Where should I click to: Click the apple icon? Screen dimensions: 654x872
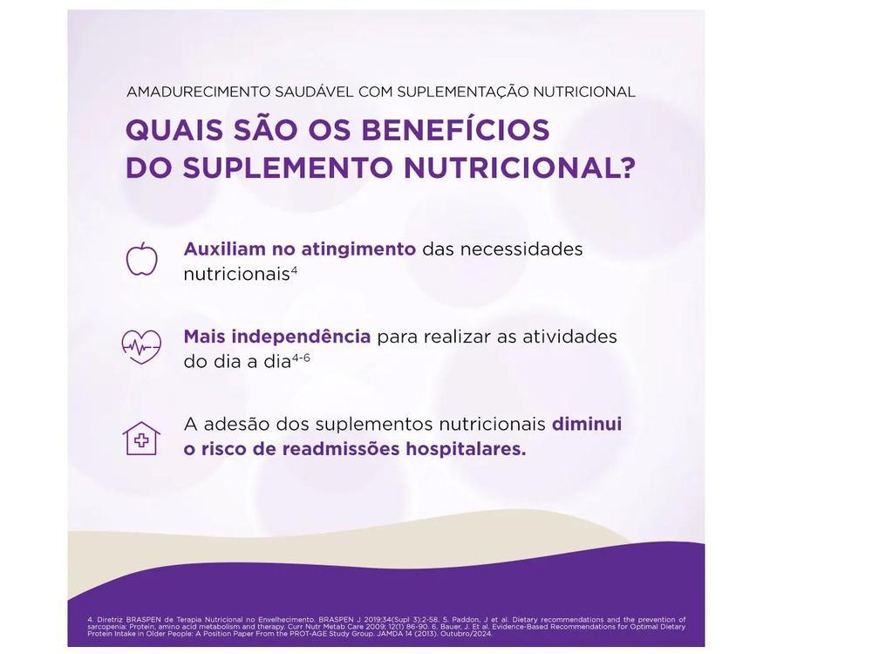(142, 260)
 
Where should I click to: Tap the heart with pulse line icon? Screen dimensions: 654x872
(141, 347)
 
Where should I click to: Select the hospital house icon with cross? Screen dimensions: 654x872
(141, 438)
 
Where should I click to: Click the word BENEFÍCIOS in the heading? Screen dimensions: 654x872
(455, 130)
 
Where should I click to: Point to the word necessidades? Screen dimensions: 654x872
(521, 249)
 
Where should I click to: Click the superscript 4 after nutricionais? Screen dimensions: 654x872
(295, 270)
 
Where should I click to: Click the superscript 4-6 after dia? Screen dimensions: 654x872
(301, 358)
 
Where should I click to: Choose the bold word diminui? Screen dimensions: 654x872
(587, 424)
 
